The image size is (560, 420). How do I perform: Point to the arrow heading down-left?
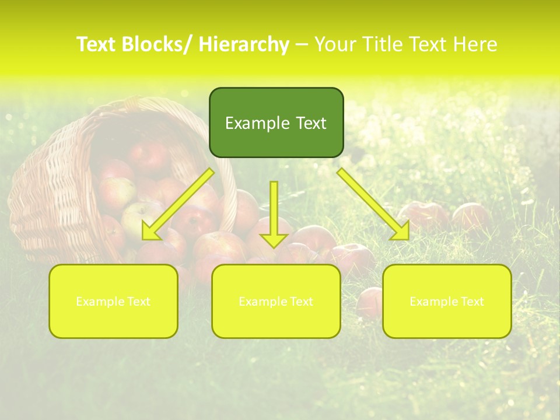(x=178, y=204)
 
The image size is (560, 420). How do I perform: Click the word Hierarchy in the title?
(x=244, y=44)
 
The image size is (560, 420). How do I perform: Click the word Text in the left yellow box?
(x=138, y=302)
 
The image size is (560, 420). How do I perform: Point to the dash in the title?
(x=302, y=44)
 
